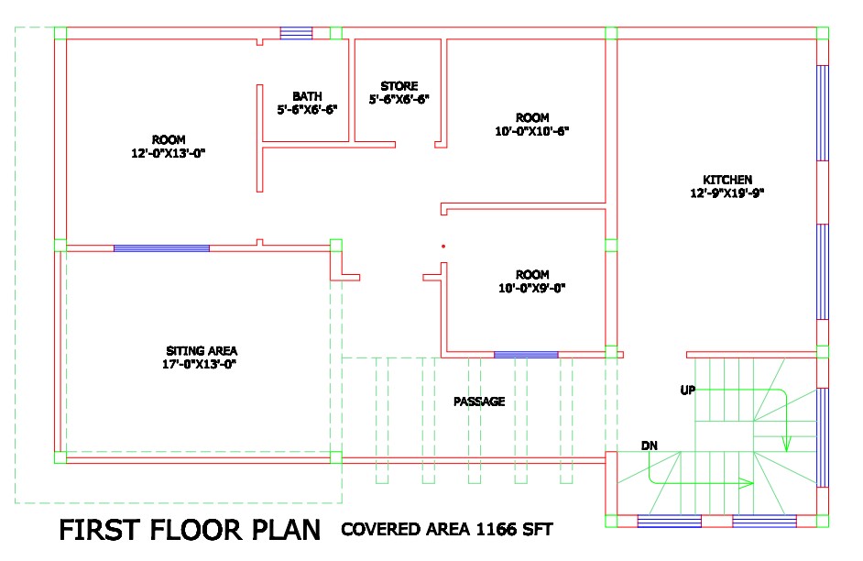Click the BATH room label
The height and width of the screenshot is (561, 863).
click(307, 96)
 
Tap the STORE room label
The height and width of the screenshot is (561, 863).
click(399, 86)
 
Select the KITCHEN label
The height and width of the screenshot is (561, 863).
click(727, 180)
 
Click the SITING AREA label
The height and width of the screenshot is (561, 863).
click(202, 351)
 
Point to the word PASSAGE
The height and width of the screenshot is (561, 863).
click(479, 401)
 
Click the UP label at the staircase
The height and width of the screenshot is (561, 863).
click(688, 390)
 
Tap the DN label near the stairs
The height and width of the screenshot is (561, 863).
click(650, 445)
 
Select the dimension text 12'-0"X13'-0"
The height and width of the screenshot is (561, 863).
click(168, 153)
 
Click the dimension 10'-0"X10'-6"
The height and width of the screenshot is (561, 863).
click(531, 131)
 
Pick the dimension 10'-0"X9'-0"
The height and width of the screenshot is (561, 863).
click(531, 288)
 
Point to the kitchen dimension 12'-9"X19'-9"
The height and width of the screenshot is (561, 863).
click(727, 192)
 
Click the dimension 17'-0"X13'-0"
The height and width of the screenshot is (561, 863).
click(199, 364)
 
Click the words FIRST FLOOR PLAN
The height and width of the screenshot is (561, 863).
click(190, 530)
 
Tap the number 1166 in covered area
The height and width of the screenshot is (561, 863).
click(496, 529)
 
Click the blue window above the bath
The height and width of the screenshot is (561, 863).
click(296, 33)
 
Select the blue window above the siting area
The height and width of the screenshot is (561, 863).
click(161, 248)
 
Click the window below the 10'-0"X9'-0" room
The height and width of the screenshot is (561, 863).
click(526, 355)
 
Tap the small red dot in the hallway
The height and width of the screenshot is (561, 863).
click(443, 246)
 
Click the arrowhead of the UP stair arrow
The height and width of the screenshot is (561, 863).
click(786, 444)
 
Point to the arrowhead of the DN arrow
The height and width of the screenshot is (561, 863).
click(746, 483)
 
